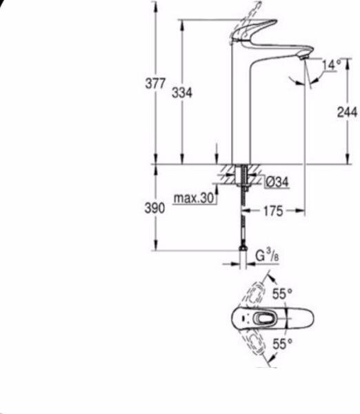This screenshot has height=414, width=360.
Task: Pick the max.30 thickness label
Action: click(194, 199)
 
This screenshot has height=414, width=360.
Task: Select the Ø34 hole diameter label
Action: click(277, 181)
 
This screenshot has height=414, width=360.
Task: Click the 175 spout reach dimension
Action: click(273, 211)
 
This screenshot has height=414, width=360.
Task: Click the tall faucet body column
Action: click(239, 110)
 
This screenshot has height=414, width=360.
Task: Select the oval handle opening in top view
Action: click(263, 318)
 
